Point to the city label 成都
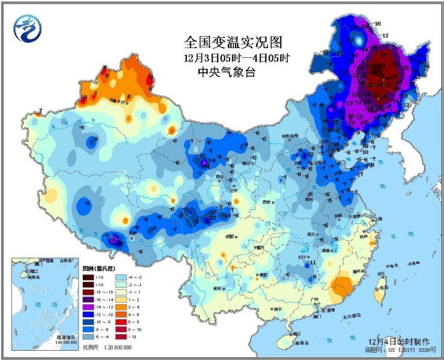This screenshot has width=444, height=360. [x=230, y=235]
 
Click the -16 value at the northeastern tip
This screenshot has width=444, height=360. [x=377, y=23]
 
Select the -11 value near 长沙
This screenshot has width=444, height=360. [x=312, y=263]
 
